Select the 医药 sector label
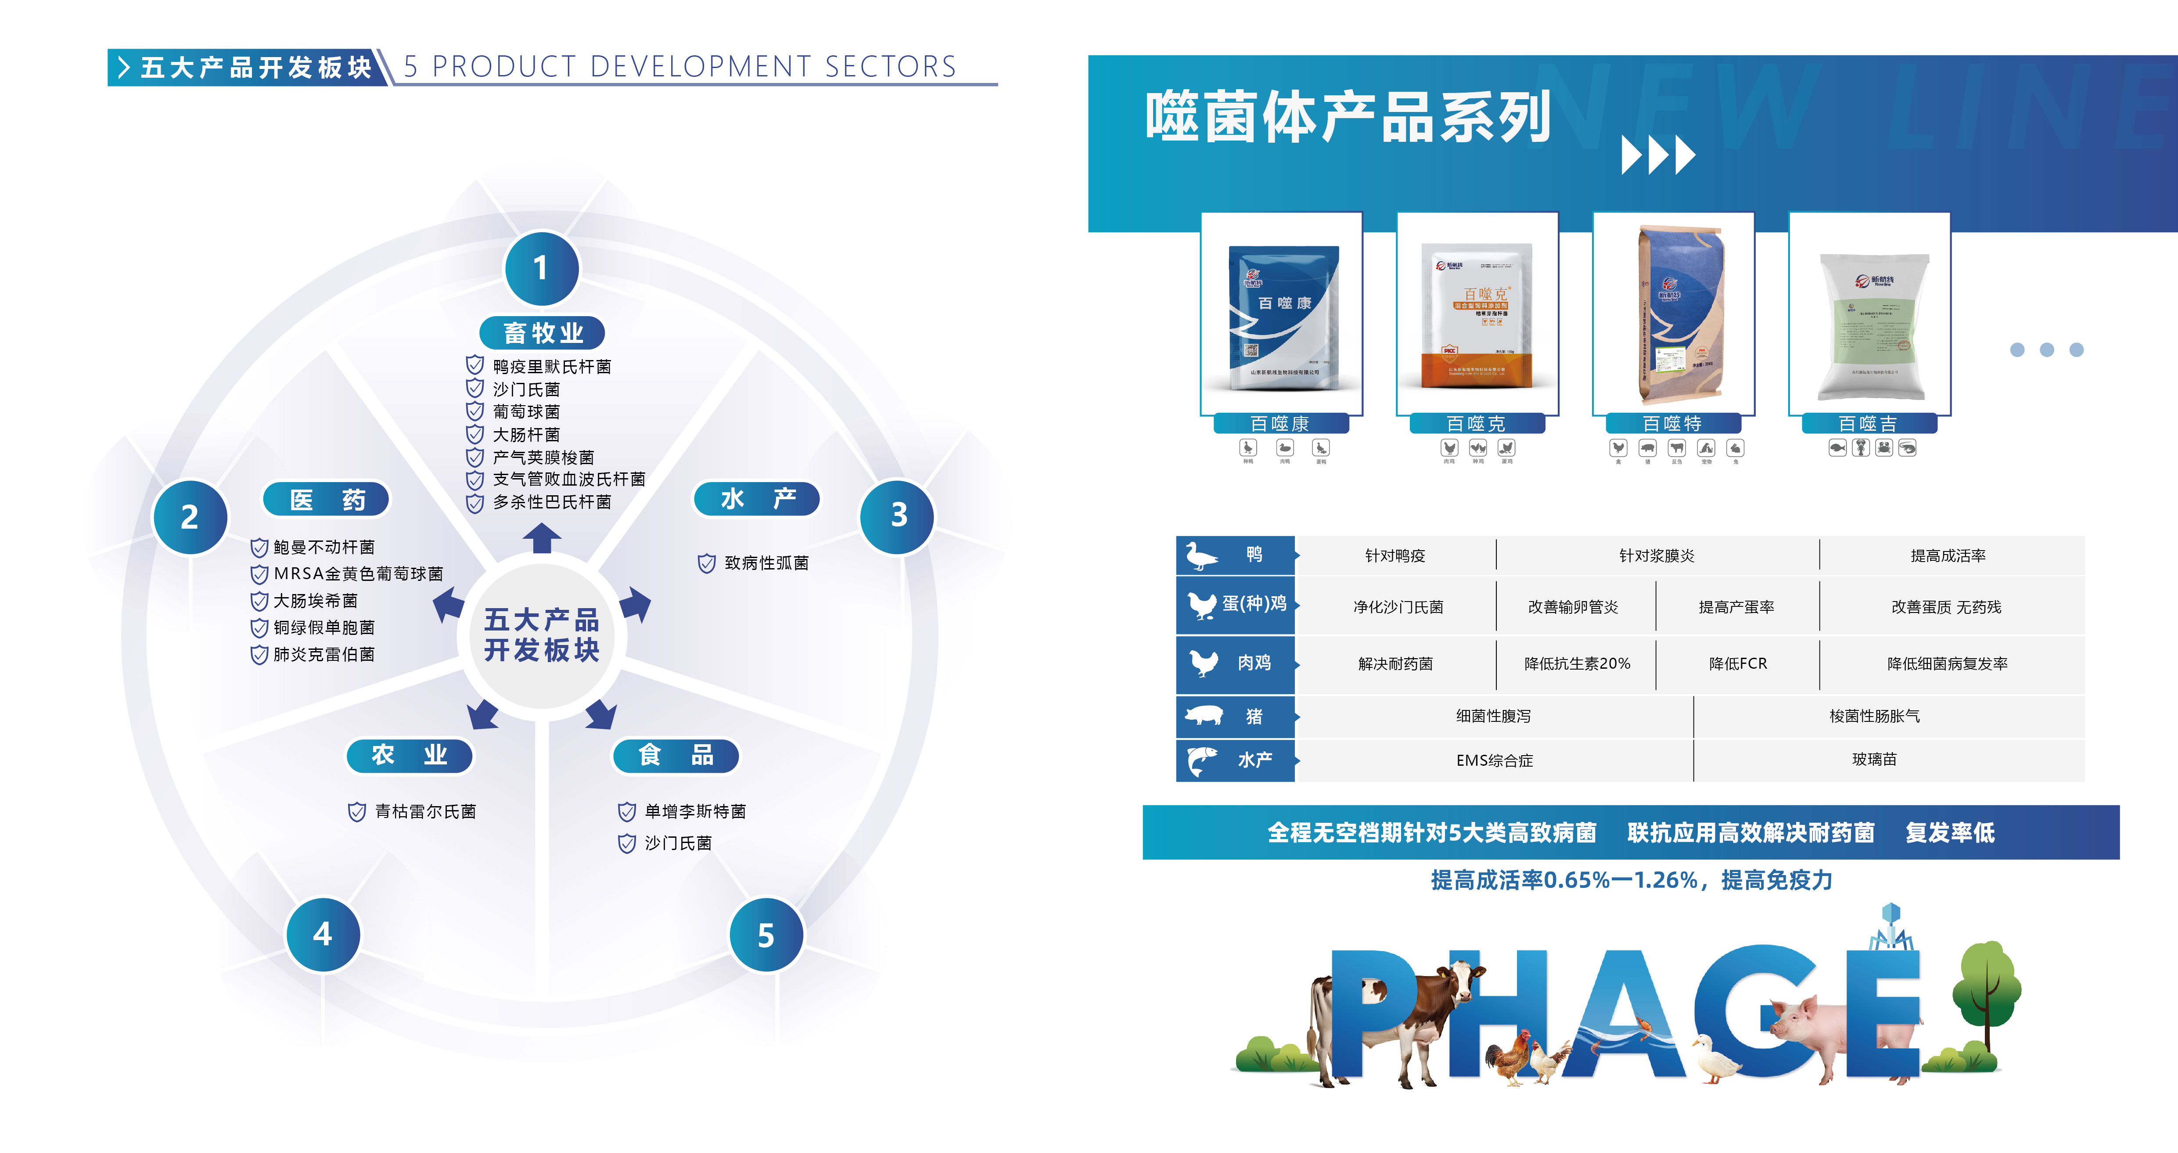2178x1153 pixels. click(327, 499)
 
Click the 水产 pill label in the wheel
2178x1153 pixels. click(757, 499)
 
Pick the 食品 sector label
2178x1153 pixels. click(676, 755)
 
